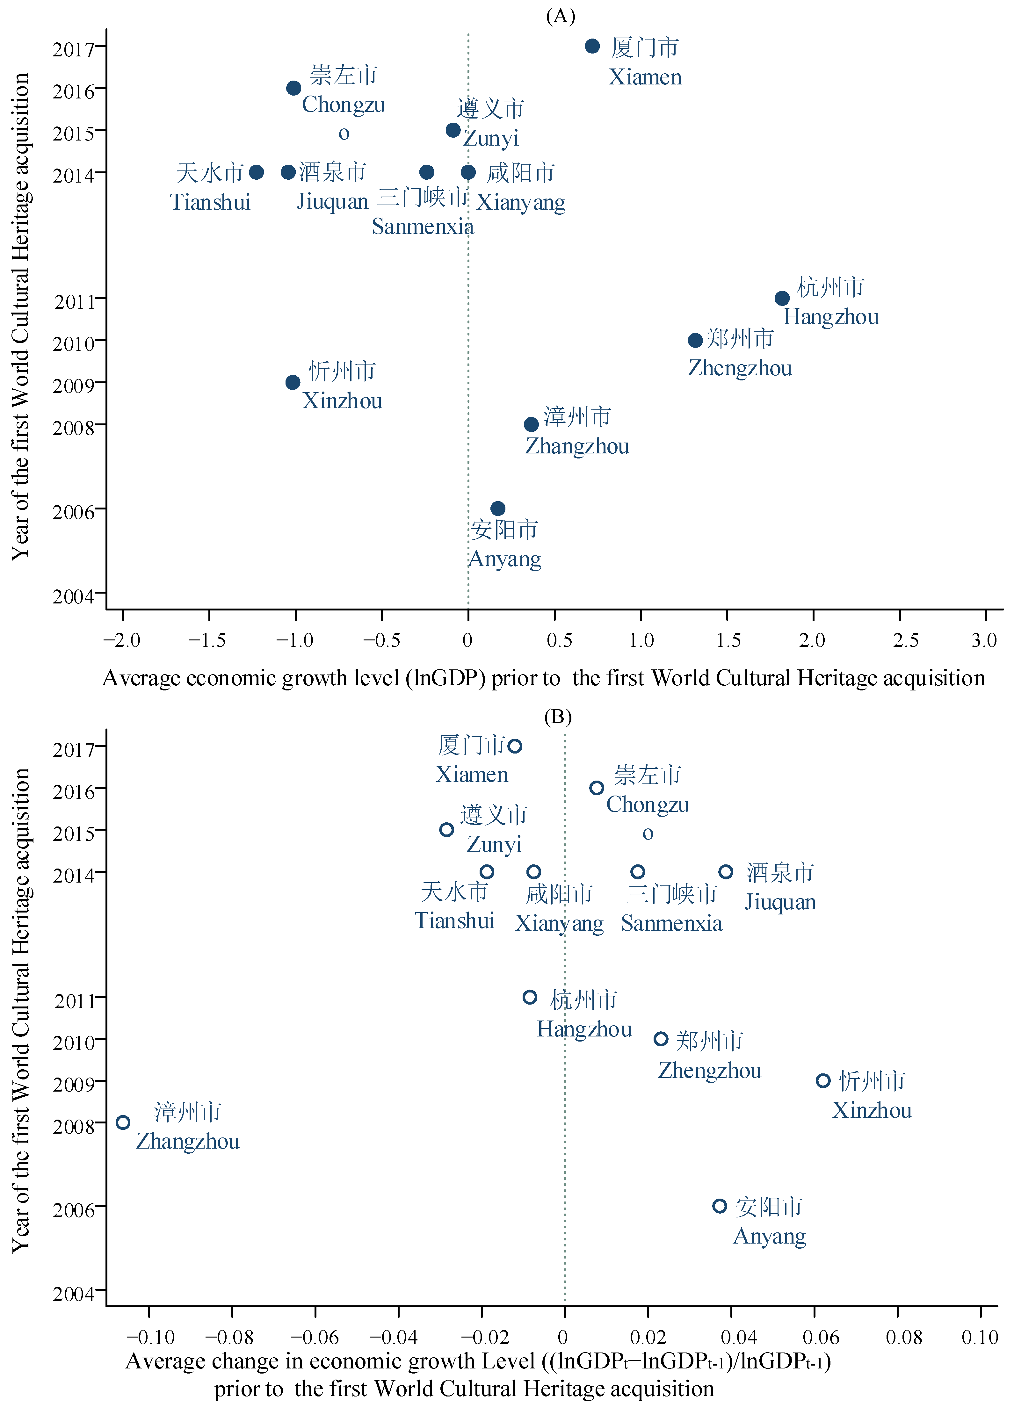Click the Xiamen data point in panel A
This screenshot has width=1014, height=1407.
592,46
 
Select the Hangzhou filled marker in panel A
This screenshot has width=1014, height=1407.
782,299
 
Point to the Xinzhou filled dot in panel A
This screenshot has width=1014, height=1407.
293,382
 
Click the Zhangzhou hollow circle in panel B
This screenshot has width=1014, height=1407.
123,1122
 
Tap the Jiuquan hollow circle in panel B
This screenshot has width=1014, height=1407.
725,872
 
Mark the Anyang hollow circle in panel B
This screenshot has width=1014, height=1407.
719,1206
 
